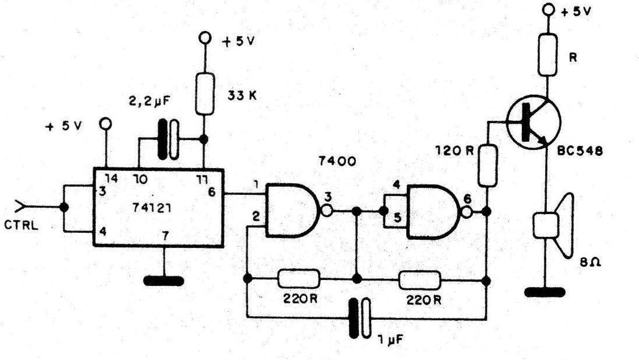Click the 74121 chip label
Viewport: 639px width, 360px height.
tap(152, 208)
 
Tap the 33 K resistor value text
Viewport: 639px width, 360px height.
tap(242, 96)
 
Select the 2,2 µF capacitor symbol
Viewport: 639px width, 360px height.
tap(168, 139)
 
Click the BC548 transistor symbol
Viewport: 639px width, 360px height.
tap(533, 122)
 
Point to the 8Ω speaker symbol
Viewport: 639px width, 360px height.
tap(553, 226)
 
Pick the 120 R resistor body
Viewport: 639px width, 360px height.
tap(487, 165)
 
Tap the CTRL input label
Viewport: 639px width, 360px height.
tap(21, 225)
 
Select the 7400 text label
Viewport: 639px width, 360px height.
tap(337, 162)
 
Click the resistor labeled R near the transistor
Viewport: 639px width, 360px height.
tap(548, 55)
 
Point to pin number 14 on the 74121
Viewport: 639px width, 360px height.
tap(111, 178)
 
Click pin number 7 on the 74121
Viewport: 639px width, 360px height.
tap(165, 236)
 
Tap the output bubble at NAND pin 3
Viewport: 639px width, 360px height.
tap(327, 211)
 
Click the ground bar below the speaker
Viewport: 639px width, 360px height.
tap(545, 292)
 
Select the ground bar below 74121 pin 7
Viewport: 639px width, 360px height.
tap(164, 281)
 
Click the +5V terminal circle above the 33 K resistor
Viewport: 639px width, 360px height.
tap(205, 39)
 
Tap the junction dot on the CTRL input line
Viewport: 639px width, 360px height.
tap(64, 207)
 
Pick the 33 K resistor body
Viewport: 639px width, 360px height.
tap(205, 94)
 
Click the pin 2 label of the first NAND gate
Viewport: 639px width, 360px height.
tap(256, 216)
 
